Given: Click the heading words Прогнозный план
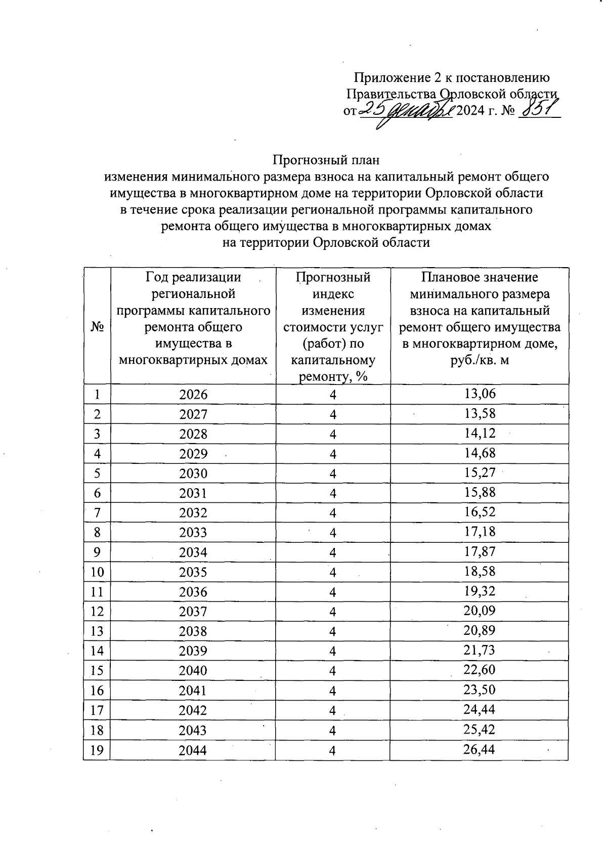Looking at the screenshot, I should click(x=326, y=160).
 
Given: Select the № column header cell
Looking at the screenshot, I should click(x=97, y=326).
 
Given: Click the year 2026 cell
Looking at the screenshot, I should click(x=193, y=395).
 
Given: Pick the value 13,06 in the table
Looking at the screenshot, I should click(x=480, y=394).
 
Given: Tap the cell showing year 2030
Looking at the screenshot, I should click(x=193, y=473).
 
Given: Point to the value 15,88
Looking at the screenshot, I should click(x=480, y=492).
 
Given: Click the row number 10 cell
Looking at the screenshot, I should click(x=97, y=572).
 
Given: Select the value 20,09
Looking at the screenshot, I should click(x=480, y=611).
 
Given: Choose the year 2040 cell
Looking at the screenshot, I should click(x=193, y=671).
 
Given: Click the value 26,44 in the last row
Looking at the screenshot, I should click(x=480, y=749).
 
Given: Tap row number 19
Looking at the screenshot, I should click(x=97, y=750).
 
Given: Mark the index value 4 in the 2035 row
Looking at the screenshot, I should click(x=333, y=573).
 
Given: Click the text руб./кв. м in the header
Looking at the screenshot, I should click(x=480, y=360).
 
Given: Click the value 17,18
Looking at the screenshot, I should click(x=480, y=532).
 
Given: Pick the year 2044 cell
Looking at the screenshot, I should click(x=193, y=750).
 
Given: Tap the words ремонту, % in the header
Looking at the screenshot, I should click(x=333, y=377).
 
